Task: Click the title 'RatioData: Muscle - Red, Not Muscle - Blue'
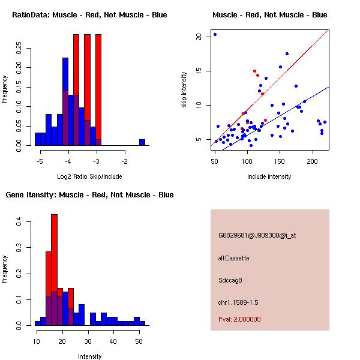(89, 14)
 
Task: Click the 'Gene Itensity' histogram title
(89, 195)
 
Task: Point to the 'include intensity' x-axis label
(269, 176)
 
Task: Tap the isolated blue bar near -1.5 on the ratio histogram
(142, 142)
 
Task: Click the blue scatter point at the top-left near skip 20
(215, 34)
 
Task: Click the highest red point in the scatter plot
(254, 71)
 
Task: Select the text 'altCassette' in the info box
(233, 258)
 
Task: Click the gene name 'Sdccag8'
(230, 280)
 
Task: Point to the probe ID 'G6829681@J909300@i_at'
(257, 235)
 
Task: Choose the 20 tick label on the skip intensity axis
(198, 37)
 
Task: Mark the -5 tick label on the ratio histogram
(40, 161)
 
